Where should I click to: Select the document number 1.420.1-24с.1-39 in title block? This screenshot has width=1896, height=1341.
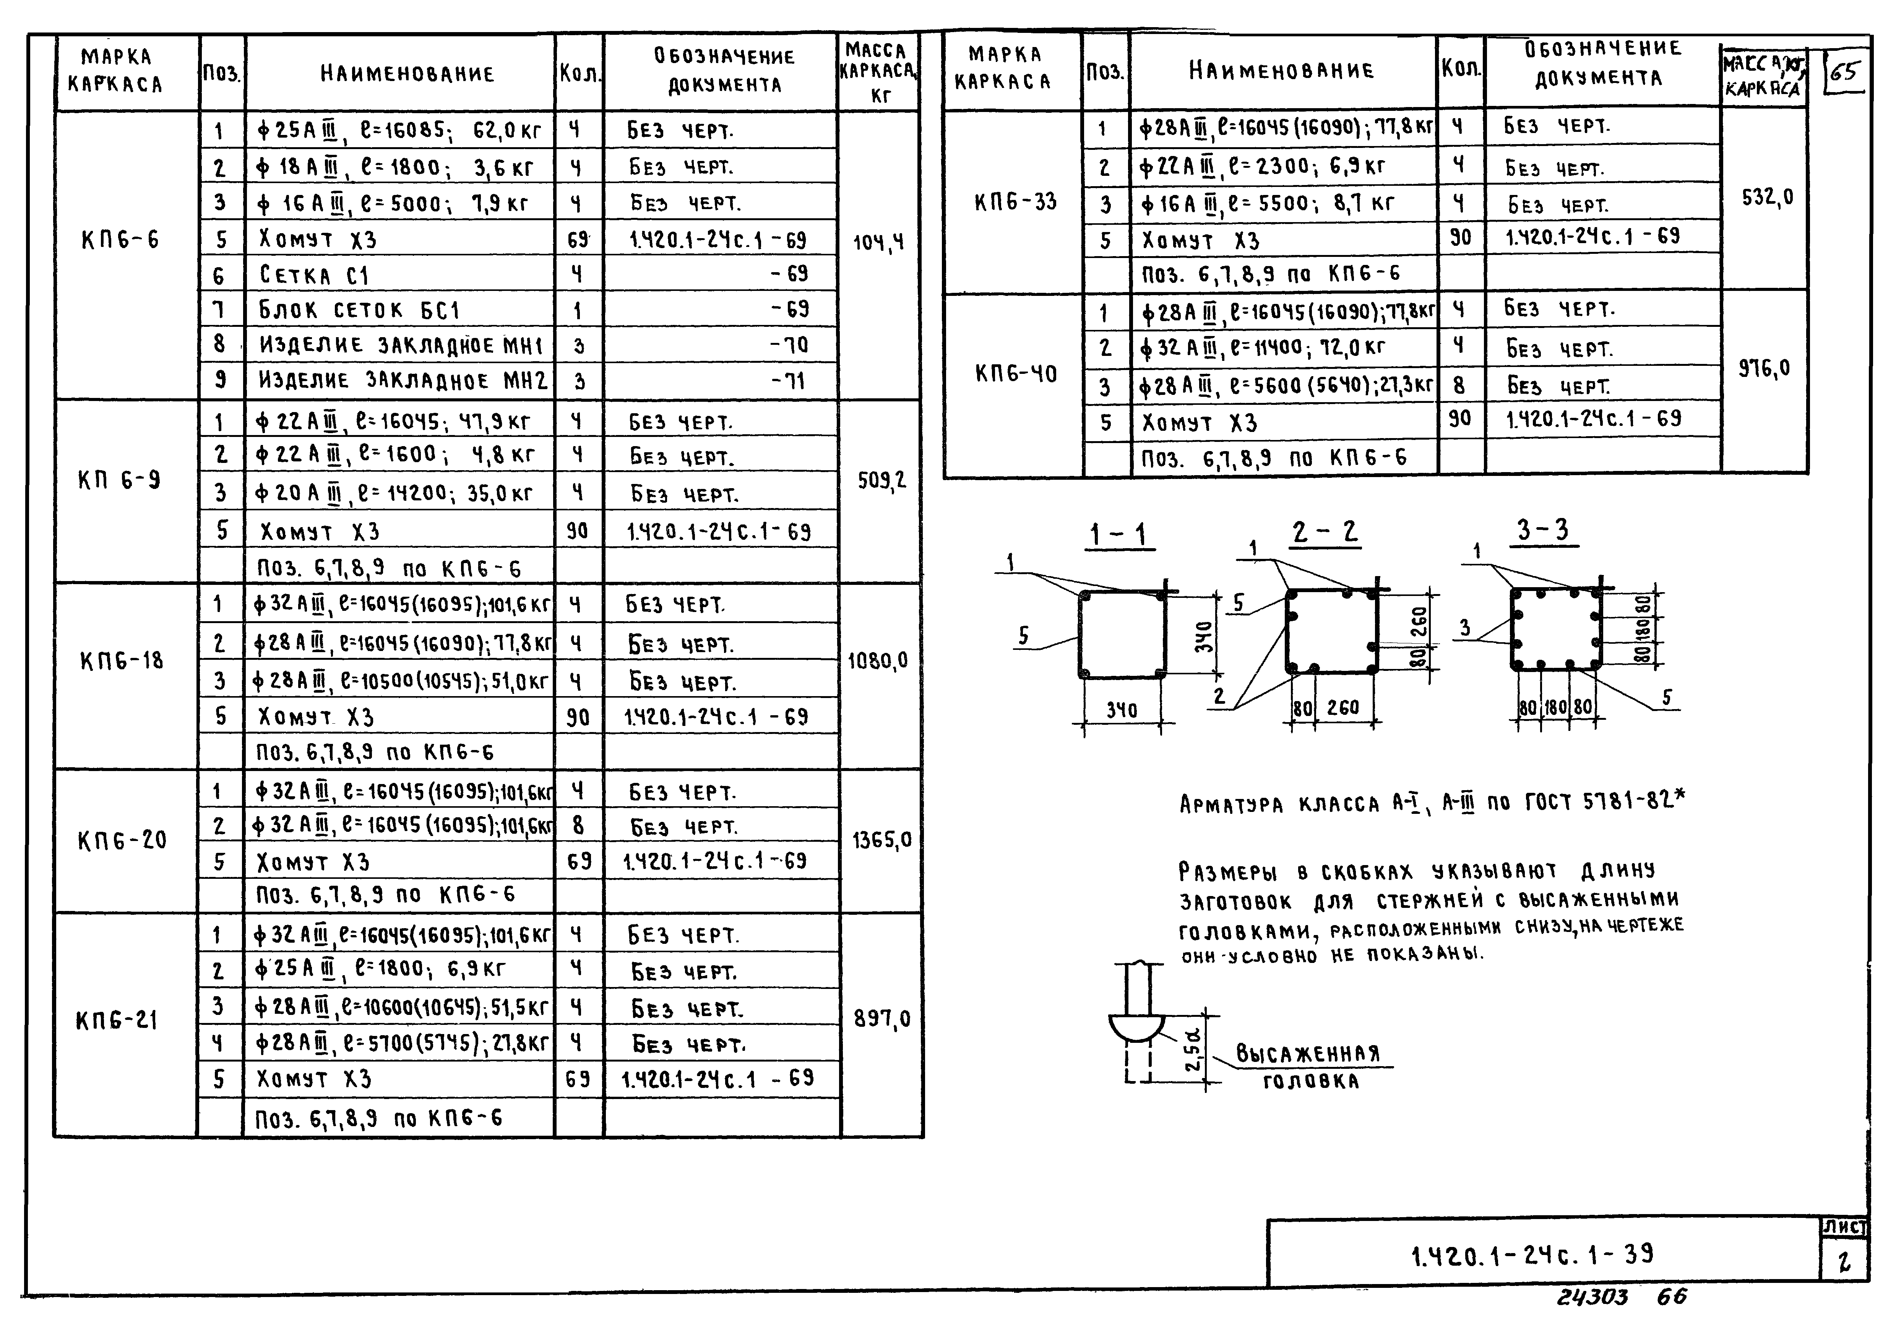point(1532,1256)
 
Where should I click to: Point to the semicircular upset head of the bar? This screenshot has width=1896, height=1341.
point(1136,1028)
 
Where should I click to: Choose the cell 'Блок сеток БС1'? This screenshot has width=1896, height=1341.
point(359,310)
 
